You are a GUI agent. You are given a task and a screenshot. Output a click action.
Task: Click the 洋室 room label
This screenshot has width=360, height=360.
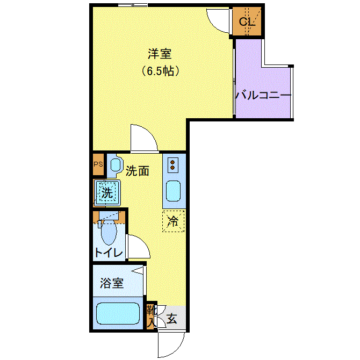point(160,54)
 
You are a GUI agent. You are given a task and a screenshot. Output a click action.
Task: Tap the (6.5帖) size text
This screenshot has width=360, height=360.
point(160,71)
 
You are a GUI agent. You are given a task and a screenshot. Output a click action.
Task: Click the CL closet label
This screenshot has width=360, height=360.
point(247,21)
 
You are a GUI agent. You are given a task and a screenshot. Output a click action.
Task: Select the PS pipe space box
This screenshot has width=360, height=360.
point(98,164)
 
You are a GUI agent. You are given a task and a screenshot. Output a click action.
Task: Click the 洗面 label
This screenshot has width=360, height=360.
point(138,171)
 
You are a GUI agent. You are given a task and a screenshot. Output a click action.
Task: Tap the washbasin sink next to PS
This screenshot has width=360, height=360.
point(116,164)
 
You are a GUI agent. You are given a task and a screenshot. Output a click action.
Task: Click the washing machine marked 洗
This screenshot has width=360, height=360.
point(107,192)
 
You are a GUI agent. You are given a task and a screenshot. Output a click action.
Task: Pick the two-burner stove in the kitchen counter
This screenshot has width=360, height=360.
point(173,165)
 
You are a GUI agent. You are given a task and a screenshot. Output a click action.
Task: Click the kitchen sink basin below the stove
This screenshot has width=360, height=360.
point(174,191)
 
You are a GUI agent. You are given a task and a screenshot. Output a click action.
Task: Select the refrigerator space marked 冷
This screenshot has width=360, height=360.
point(174,221)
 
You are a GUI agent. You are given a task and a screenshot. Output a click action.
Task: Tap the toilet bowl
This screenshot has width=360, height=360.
point(109,232)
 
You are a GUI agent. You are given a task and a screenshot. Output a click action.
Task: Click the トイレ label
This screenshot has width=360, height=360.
point(109,253)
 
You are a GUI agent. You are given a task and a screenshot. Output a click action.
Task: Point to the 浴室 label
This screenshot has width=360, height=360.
point(112,283)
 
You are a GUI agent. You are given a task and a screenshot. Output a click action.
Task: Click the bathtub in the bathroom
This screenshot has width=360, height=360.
point(118,313)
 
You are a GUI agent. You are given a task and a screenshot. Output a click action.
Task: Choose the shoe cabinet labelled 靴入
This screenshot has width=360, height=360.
point(151,316)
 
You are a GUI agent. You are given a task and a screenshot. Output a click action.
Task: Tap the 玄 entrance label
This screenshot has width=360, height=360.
point(172,319)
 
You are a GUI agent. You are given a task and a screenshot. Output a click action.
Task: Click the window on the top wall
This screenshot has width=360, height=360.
point(133,5)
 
